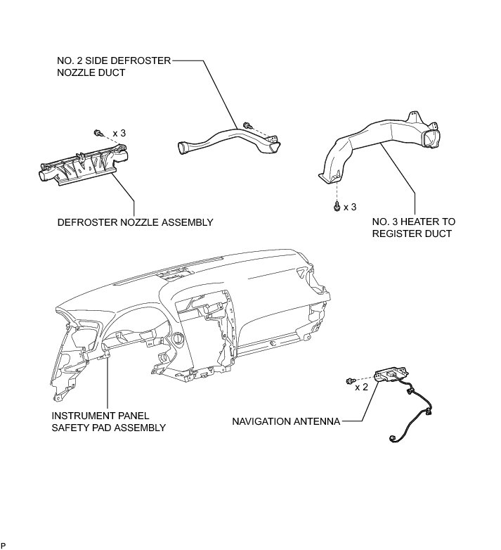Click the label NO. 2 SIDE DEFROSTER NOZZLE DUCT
coord(114,67)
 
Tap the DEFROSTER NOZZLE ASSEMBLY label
coord(135,222)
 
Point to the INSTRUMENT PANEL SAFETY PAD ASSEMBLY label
coord(108,421)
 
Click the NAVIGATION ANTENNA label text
coord(286,421)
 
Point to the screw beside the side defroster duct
coord(247,125)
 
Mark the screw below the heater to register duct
coord(337,206)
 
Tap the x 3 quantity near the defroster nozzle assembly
coord(119,132)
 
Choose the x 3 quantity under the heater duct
coord(350,207)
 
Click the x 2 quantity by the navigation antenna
coord(362,387)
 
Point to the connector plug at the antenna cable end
coord(392,442)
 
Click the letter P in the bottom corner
coord(4,545)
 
